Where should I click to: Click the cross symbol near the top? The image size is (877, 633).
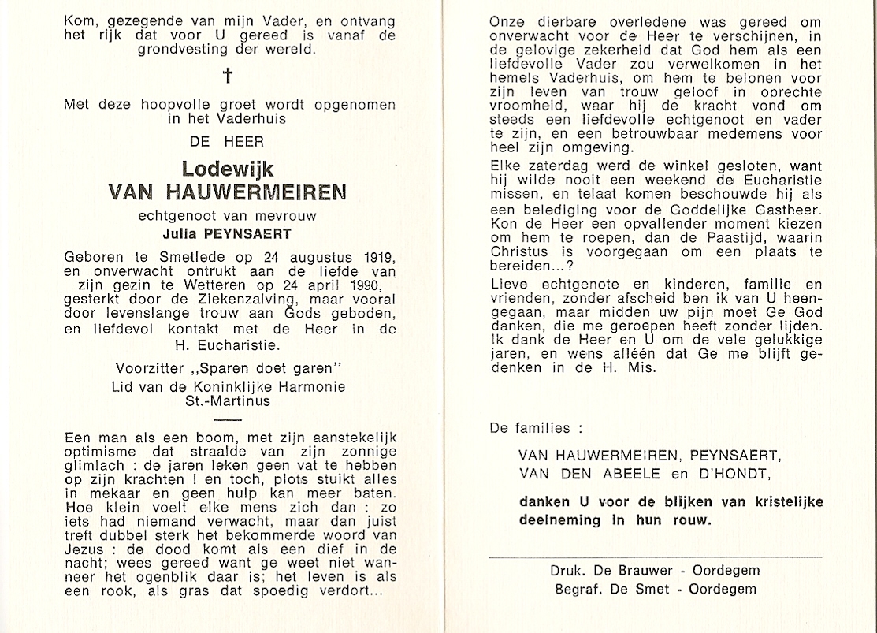pos(229,76)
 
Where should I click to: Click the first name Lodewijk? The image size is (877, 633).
pos(229,169)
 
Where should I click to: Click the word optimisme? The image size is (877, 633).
pos(96,450)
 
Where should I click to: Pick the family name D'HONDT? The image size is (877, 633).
pos(708,472)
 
